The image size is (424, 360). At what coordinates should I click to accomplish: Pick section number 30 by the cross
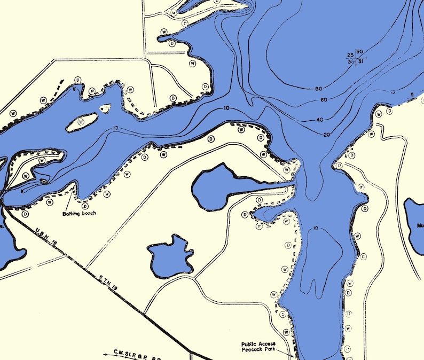pos(360,52)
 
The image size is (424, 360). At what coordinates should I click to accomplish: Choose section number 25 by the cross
pos(350,55)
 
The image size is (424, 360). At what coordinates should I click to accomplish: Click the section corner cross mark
pos(355,57)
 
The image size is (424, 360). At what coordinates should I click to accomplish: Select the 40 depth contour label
pos(320,120)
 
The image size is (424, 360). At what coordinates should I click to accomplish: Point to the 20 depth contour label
pos(327,134)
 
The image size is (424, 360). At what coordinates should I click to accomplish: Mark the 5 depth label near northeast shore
pos(412,96)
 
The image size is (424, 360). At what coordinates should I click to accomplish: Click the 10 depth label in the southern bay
pos(316,229)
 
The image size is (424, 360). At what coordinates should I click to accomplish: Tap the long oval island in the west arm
pos(82,122)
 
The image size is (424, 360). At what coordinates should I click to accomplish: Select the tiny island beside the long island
pos(105,108)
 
